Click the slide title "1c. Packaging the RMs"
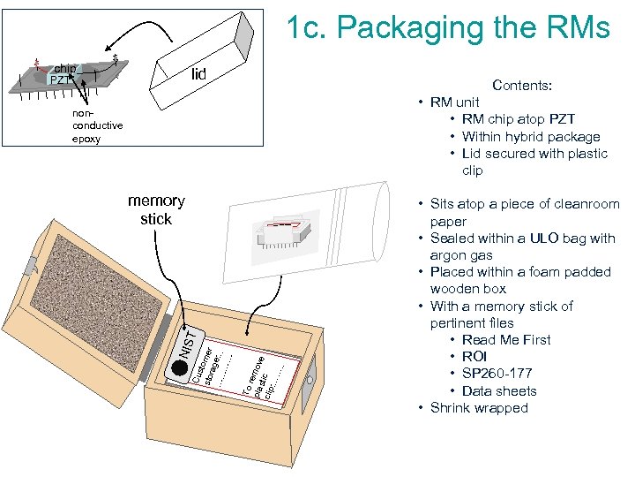(x=447, y=27)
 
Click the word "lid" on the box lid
(x=198, y=74)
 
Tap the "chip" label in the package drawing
(x=64, y=68)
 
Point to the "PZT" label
(x=59, y=81)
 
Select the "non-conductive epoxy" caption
(x=98, y=126)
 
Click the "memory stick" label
(x=156, y=209)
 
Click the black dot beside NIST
(x=180, y=367)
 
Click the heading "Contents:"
(x=523, y=86)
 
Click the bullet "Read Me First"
(x=506, y=340)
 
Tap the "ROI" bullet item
(x=476, y=357)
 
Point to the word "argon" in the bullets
(x=451, y=255)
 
